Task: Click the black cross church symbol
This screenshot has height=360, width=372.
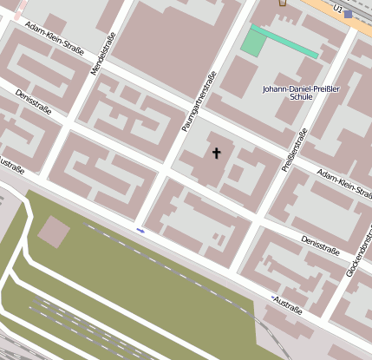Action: (x=216, y=153)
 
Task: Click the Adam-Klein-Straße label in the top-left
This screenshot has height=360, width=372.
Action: (x=54, y=38)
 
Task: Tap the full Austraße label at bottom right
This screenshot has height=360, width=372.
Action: (x=290, y=303)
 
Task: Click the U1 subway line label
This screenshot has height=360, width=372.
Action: (x=339, y=10)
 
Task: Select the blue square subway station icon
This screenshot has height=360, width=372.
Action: (x=349, y=14)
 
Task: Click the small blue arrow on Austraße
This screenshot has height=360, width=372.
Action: (x=140, y=231)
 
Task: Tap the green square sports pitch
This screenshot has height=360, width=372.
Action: (x=253, y=41)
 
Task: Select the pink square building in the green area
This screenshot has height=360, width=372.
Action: (x=54, y=232)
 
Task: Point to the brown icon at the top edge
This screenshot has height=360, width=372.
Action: (x=282, y=3)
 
